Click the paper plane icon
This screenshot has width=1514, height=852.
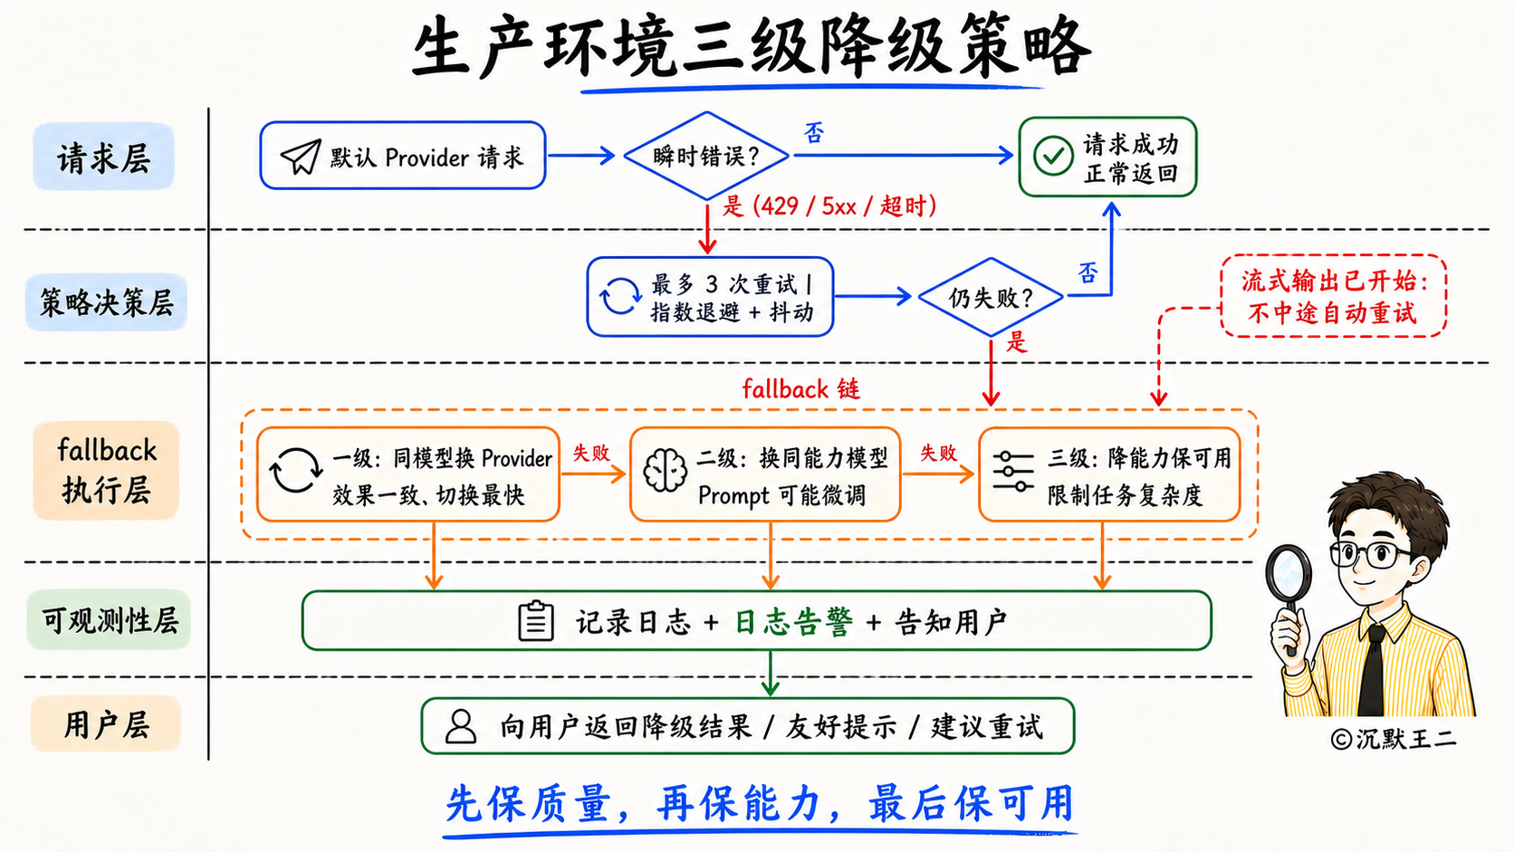(301, 157)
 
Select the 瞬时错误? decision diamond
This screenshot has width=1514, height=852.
(706, 156)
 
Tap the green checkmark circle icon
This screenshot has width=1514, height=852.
(1053, 156)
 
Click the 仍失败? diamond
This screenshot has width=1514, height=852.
(991, 297)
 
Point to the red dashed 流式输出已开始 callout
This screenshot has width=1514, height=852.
(1334, 296)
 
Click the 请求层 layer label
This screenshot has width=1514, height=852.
(103, 157)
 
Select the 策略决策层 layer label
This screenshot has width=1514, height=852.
(106, 302)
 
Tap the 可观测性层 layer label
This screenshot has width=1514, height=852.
(109, 619)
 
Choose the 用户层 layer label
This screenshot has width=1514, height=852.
(106, 724)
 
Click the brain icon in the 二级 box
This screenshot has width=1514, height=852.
(665, 470)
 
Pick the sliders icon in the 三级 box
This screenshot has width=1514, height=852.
(1013, 471)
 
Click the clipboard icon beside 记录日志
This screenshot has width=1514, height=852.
(536, 620)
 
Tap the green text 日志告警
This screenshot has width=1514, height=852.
(793, 622)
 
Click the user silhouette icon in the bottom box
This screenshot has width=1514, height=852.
(461, 726)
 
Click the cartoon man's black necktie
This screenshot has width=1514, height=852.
(1372, 670)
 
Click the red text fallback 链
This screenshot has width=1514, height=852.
(801, 388)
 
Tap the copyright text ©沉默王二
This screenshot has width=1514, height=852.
(1394, 739)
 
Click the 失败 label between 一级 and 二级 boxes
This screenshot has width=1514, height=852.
(591, 453)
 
